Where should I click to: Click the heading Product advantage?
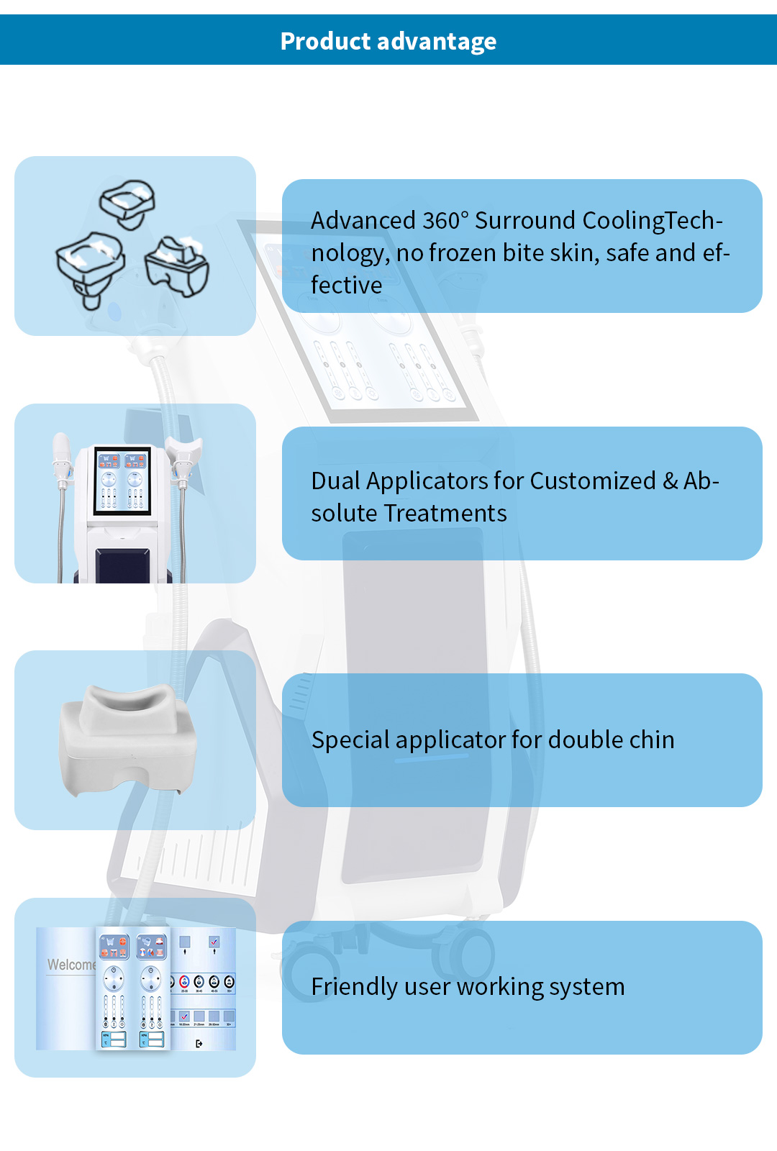click(388, 42)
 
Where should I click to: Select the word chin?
click(651, 740)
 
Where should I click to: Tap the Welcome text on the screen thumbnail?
click(71, 965)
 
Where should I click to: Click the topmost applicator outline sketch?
click(128, 203)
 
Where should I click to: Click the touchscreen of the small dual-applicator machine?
click(122, 481)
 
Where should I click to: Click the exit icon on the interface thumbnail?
click(199, 1043)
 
